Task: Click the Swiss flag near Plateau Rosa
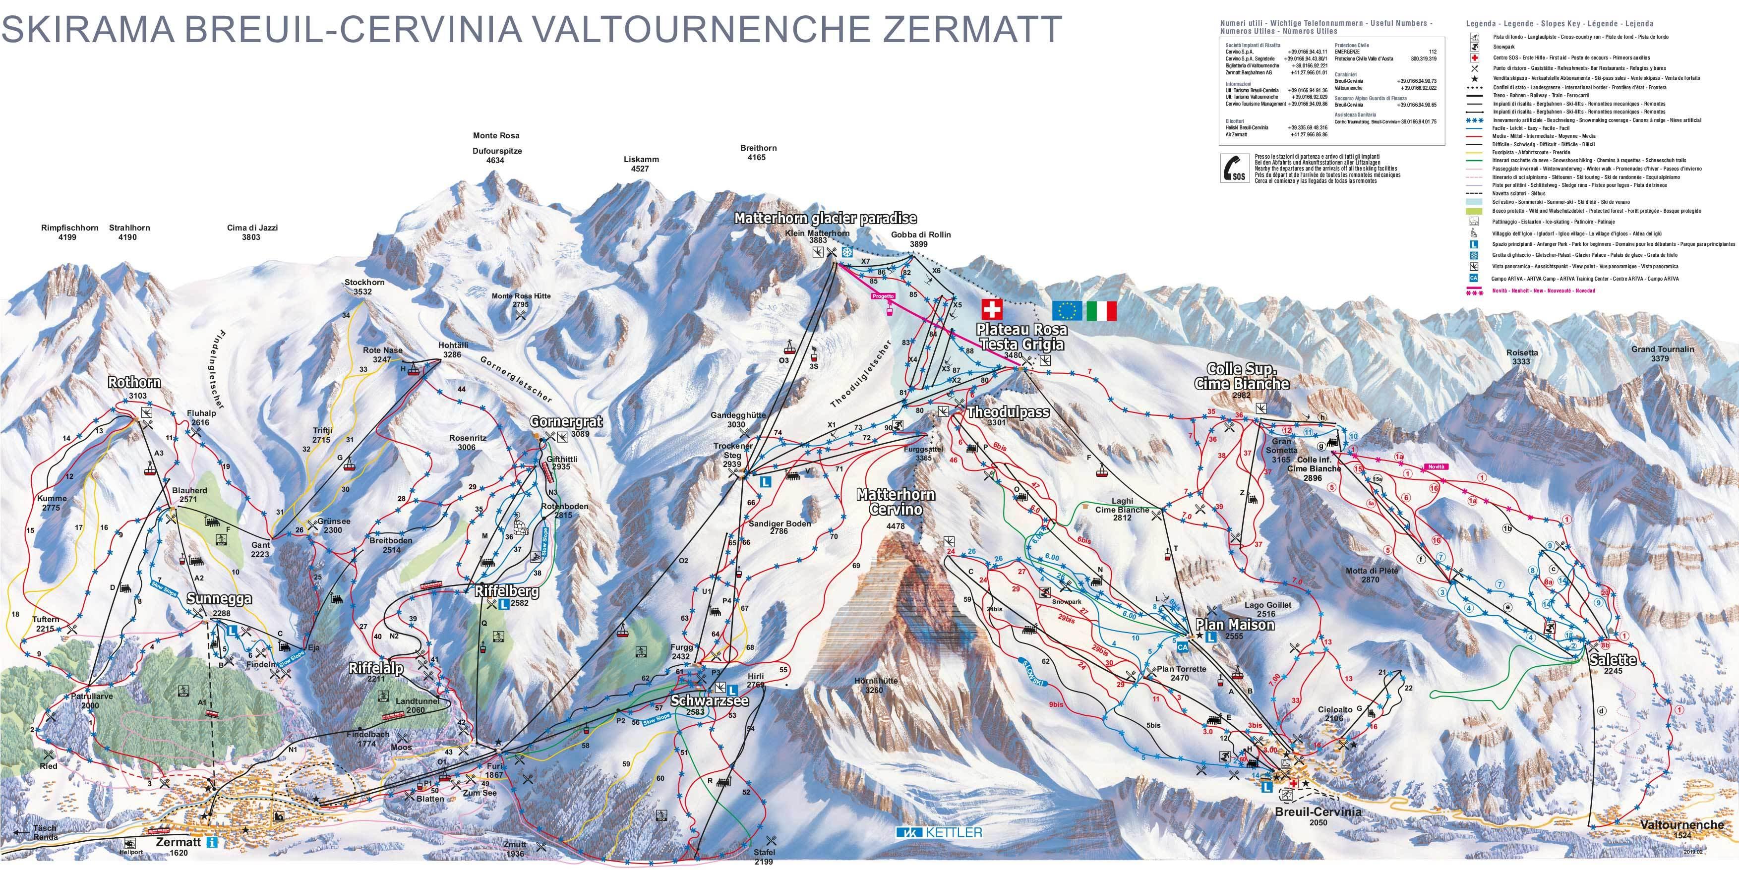click(x=992, y=310)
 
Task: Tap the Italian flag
click(x=1101, y=310)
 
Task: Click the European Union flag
click(x=1067, y=310)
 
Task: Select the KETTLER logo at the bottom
click(x=939, y=832)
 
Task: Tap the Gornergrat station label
click(x=566, y=422)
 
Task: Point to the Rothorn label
click(x=134, y=383)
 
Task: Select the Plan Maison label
click(x=1235, y=625)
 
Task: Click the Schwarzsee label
click(x=710, y=700)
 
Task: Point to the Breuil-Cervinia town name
click(x=1318, y=812)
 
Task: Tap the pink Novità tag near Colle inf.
click(x=1436, y=467)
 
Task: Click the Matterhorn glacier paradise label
click(x=825, y=218)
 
